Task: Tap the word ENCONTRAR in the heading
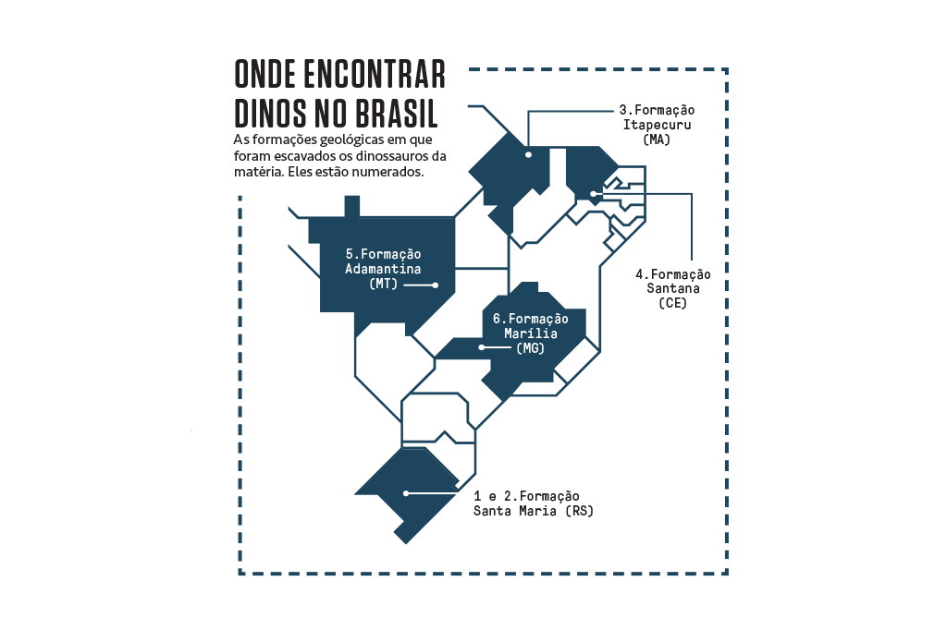[375, 73]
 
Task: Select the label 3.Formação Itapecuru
[658, 116]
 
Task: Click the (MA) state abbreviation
[656, 139]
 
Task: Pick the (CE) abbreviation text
[672, 303]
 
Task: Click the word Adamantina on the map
[383, 269]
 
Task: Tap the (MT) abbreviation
[383, 285]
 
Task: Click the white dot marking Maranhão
[528, 154]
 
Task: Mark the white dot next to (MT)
[436, 285]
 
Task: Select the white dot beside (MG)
[481, 347]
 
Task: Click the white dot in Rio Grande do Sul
[404, 494]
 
